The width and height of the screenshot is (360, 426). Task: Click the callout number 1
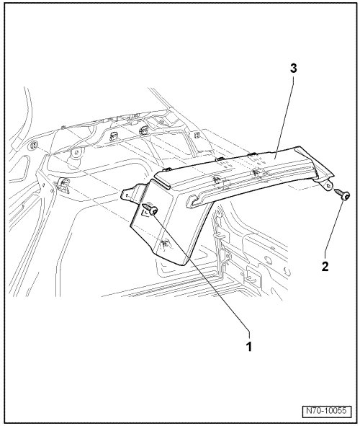[249, 347]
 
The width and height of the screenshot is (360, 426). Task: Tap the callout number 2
[325, 266]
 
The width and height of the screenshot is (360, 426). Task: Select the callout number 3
[294, 68]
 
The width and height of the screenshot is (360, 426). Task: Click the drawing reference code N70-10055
[326, 411]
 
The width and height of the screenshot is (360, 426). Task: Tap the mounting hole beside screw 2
[329, 186]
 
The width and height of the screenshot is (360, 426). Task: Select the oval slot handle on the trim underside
[201, 200]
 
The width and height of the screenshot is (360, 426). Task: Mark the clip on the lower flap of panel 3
[165, 243]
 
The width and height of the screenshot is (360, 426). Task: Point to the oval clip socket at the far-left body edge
[33, 146]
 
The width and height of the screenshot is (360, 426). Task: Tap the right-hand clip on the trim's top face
[256, 173]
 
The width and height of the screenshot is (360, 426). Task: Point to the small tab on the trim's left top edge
[166, 169]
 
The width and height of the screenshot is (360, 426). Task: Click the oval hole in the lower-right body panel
[269, 259]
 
